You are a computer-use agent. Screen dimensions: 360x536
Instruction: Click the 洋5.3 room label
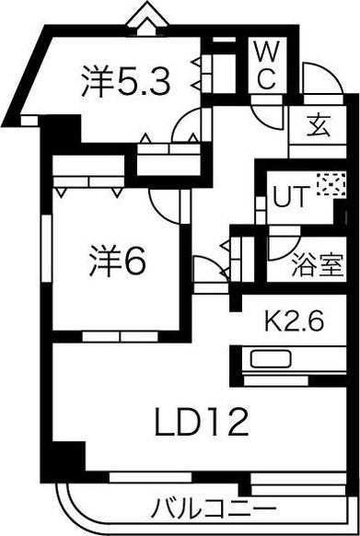[127, 84]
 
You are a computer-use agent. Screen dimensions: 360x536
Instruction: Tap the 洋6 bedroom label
[117, 263]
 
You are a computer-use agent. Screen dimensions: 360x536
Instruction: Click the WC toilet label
[266, 64]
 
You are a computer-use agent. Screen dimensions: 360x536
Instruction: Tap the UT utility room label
[290, 196]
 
